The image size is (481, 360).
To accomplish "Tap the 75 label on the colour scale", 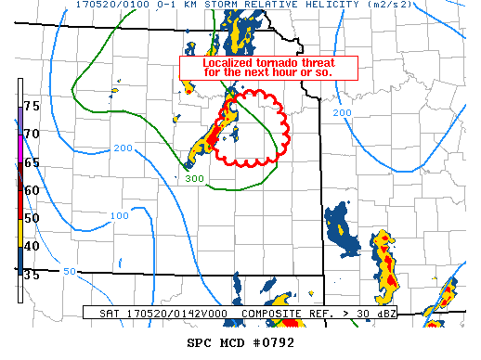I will (32, 107).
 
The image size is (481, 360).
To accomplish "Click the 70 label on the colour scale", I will (32, 135).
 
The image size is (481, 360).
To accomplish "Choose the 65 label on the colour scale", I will (32, 162).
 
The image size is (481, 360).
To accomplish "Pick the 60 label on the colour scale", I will (32, 190).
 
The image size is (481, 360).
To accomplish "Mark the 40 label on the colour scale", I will (32, 246).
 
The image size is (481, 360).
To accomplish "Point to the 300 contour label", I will (194, 179).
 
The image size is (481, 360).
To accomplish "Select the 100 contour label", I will (120, 216).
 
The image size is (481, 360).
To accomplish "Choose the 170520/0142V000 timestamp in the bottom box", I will (171, 314).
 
